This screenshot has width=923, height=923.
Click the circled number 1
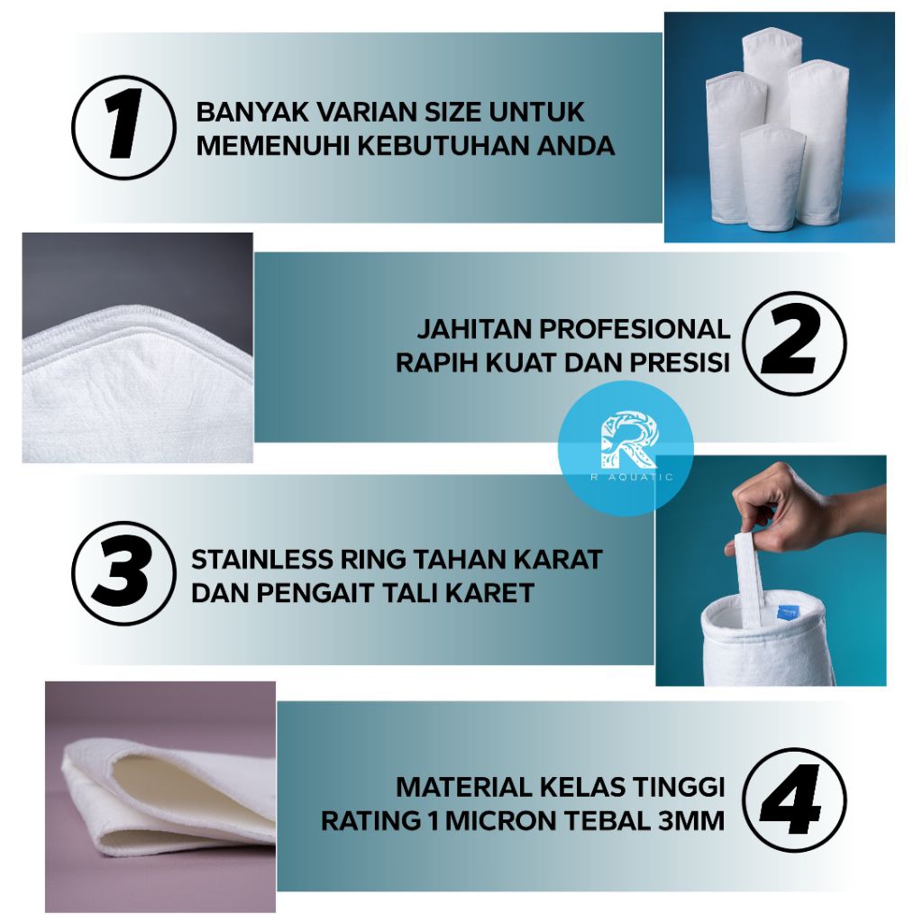(x=123, y=127)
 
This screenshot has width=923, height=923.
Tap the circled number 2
(x=794, y=343)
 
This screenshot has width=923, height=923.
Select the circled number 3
(x=123, y=573)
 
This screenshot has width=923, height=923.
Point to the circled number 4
(x=794, y=800)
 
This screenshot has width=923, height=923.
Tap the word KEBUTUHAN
(x=443, y=146)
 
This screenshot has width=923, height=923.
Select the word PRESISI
(x=680, y=362)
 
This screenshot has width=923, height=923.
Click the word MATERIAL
(x=463, y=787)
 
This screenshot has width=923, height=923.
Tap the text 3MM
(x=691, y=820)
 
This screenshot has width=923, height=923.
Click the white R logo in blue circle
(x=628, y=440)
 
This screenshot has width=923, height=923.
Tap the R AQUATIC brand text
(x=632, y=478)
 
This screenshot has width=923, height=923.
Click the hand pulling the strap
(x=807, y=507)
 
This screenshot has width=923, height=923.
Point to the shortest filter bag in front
(x=772, y=177)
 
